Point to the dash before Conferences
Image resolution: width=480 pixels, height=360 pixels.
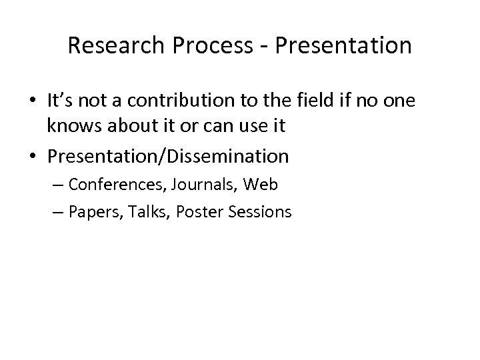pos(55,184)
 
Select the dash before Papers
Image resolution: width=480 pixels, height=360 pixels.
pos(55,212)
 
